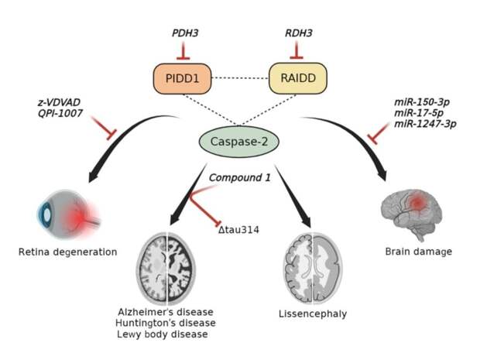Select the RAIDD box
tap(297, 78)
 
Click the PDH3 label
tap(183, 34)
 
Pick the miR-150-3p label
tap(425, 102)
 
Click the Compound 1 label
tap(241, 177)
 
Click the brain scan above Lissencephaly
tap(309, 265)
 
